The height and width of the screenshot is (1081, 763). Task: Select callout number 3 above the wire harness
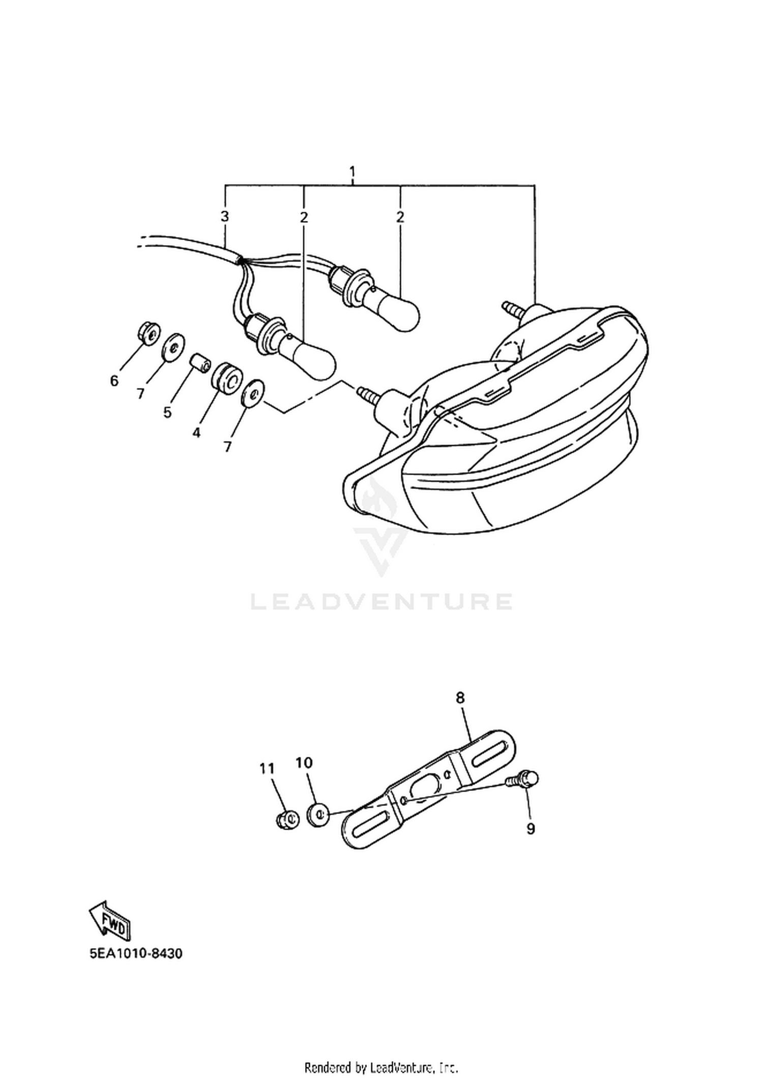pyautogui.click(x=224, y=217)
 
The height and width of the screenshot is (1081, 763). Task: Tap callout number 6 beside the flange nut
pyautogui.click(x=114, y=381)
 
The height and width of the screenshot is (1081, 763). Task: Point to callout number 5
pyautogui.click(x=167, y=412)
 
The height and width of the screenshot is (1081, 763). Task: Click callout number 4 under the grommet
pyautogui.click(x=196, y=433)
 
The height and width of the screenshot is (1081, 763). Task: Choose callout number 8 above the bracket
pyautogui.click(x=460, y=698)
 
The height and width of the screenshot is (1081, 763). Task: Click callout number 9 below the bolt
pyautogui.click(x=531, y=829)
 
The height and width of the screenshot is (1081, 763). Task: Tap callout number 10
pyautogui.click(x=304, y=763)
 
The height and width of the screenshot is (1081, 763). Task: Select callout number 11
pyautogui.click(x=267, y=769)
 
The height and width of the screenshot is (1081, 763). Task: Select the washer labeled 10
pyautogui.click(x=318, y=815)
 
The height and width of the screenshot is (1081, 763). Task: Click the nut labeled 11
pyautogui.click(x=287, y=819)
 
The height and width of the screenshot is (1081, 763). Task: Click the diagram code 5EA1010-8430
pyautogui.click(x=136, y=953)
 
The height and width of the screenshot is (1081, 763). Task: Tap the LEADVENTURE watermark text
pyautogui.click(x=382, y=602)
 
